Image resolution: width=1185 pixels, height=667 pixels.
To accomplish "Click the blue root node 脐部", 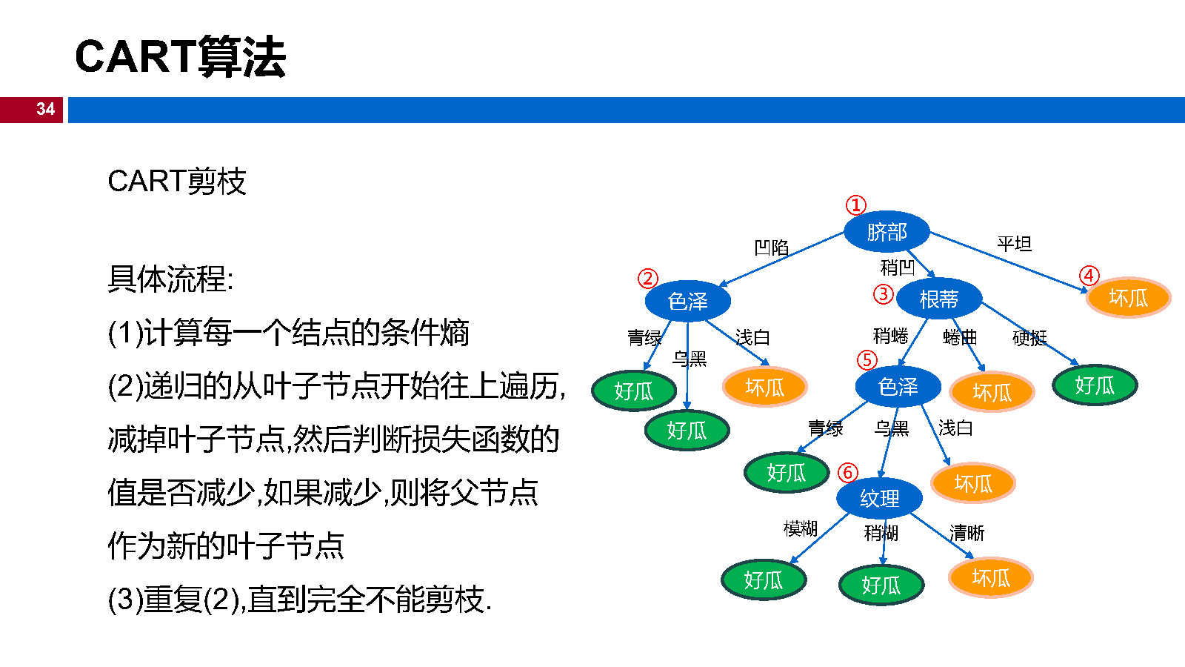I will tap(887, 232).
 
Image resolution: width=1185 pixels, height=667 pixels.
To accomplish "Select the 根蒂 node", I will tap(938, 299).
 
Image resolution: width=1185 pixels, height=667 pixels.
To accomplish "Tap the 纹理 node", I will tap(879, 498).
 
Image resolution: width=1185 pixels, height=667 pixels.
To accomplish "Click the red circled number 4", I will tap(1089, 276).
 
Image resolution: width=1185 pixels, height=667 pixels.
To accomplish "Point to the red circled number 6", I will tap(847, 472).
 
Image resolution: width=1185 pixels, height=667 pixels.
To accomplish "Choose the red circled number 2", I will tap(648, 278).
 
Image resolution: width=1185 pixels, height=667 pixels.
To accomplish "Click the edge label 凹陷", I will tap(771, 248).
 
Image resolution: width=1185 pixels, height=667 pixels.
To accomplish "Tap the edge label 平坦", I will tap(1014, 244).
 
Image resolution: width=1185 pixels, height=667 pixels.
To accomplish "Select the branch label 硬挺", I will tap(1029, 338).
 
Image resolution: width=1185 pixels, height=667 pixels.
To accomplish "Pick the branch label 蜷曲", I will tap(960, 338).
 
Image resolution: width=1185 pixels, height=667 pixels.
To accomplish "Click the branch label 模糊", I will tap(800, 528).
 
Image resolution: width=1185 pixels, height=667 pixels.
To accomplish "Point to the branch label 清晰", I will tap(967, 533).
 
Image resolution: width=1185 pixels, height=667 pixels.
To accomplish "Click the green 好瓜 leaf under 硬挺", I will tap(1094, 385).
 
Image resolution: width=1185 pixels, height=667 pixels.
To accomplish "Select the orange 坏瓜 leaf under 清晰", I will tap(990, 578).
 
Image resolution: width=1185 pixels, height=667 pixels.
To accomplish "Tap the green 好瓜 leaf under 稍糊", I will tap(881, 585).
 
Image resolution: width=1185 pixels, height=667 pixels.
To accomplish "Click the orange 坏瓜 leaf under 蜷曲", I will tap(992, 392).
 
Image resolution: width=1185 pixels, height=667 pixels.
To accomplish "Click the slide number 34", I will tap(45, 109).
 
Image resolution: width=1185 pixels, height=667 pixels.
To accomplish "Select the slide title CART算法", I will tap(180, 56).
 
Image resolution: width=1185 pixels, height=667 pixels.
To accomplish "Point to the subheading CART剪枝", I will tap(176, 182).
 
